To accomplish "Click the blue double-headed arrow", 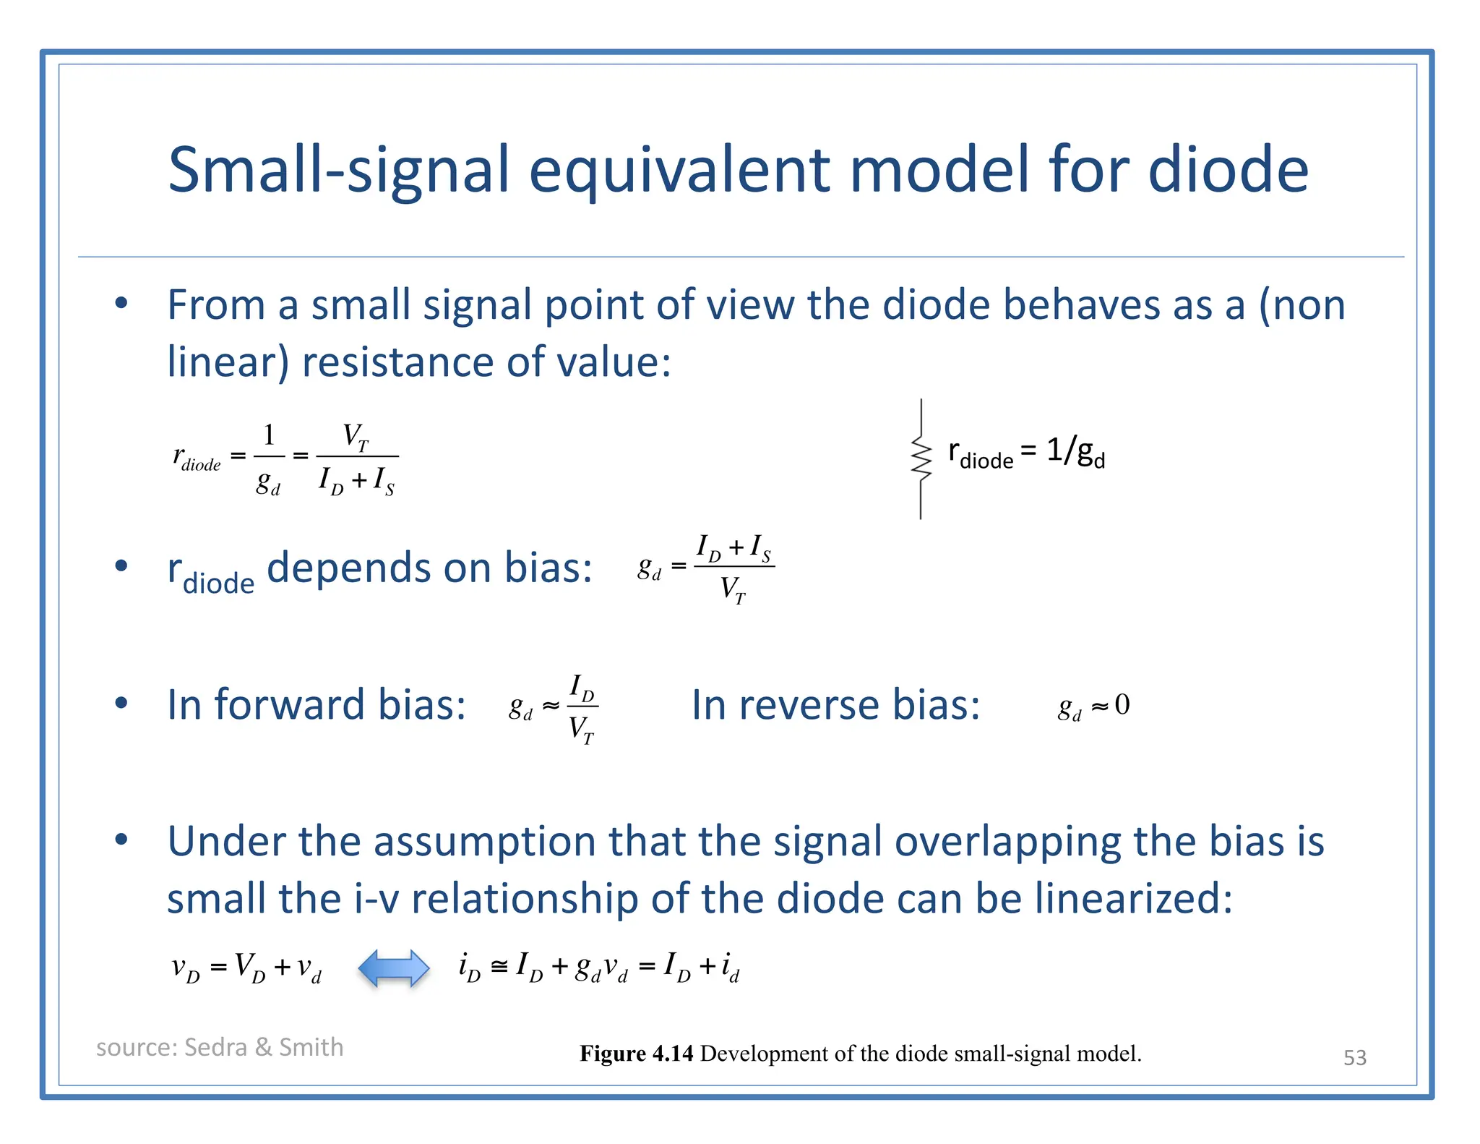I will (394, 968).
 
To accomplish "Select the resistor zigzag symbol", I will (921, 457).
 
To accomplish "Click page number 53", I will (1354, 1057).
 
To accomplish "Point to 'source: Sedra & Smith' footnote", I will (220, 1047).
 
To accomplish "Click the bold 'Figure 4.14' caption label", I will (636, 1054).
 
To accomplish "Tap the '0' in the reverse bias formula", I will (1122, 704).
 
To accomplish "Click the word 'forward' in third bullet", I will (290, 704).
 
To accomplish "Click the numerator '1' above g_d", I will (269, 435).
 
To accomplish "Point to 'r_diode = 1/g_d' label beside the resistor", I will (1026, 453).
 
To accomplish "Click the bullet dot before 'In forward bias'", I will (121, 703).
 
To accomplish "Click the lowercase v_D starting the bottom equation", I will (186, 968).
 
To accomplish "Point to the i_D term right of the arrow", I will (470, 967).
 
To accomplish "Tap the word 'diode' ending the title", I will (1228, 171).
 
